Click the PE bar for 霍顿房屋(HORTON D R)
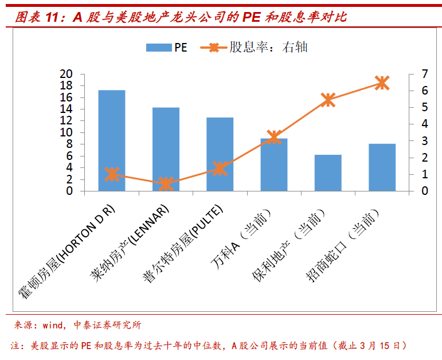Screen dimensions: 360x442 pyautogui.click(x=112, y=140)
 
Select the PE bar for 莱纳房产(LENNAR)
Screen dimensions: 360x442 pyautogui.click(x=166, y=149)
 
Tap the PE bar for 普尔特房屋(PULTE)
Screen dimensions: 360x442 pyautogui.click(x=220, y=154)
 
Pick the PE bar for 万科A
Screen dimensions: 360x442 pyautogui.click(x=274, y=165)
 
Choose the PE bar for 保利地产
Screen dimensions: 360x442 pyautogui.click(x=328, y=173)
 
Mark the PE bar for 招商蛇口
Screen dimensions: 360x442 pyautogui.click(x=382, y=167)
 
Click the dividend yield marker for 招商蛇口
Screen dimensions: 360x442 pyautogui.click(x=382, y=83)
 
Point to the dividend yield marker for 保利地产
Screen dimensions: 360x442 pyautogui.click(x=328, y=100)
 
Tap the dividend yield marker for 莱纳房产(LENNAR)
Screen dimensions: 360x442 pyautogui.click(x=166, y=183)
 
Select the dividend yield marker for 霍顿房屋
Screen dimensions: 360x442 pyautogui.click(x=112, y=174)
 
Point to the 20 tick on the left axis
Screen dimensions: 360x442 pyautogui.click(x=67, y=74)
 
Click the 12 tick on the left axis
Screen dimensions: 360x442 pyautogui.click(x=67, y=121)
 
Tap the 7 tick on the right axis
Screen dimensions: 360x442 pyautogui.click(x=425, y=74)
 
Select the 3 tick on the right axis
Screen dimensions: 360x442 pyautogui.click(x=425, y=141)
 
